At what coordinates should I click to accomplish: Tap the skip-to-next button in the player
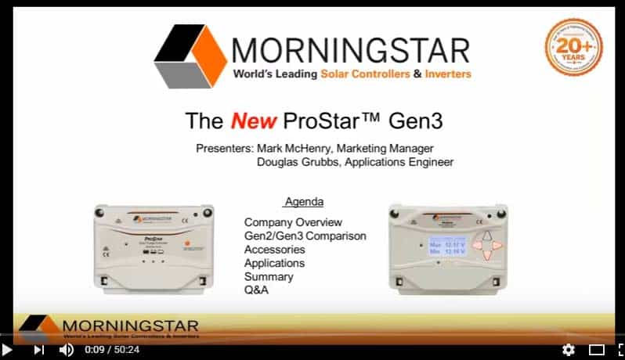pos(38,350)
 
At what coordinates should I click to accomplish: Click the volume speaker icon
pos(67,350)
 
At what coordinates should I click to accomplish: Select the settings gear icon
pos(569,350)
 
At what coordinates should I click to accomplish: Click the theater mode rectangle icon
pos(596,350)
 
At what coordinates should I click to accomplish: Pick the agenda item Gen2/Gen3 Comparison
pos(305,236)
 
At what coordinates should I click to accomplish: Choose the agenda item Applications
pos(274,263)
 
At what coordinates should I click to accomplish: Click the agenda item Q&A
pos(256,290)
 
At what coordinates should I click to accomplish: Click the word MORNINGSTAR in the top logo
pos(351,49)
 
